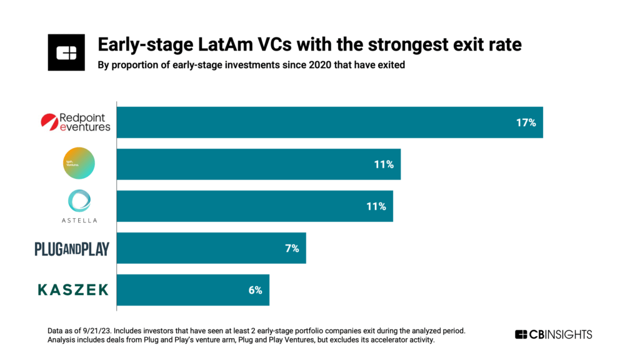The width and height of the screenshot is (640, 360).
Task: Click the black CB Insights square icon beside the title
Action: click(66, 53)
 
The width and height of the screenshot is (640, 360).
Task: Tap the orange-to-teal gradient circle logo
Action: click(78, 164)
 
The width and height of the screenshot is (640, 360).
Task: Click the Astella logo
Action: click(79, 206)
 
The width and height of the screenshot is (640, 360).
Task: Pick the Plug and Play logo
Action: click(72, 249)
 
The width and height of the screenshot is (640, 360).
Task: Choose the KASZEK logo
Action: click(73, 289)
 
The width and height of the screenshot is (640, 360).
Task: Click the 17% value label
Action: click(526, 122)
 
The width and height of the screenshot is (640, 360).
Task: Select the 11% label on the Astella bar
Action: click(376, 206)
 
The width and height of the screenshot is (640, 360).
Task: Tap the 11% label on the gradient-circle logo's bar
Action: click(383, 164)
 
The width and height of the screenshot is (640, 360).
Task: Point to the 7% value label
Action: click(292, 248)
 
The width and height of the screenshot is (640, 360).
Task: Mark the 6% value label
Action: click(254, 290)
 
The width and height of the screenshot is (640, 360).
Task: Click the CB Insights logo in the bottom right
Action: click(553, 334)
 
